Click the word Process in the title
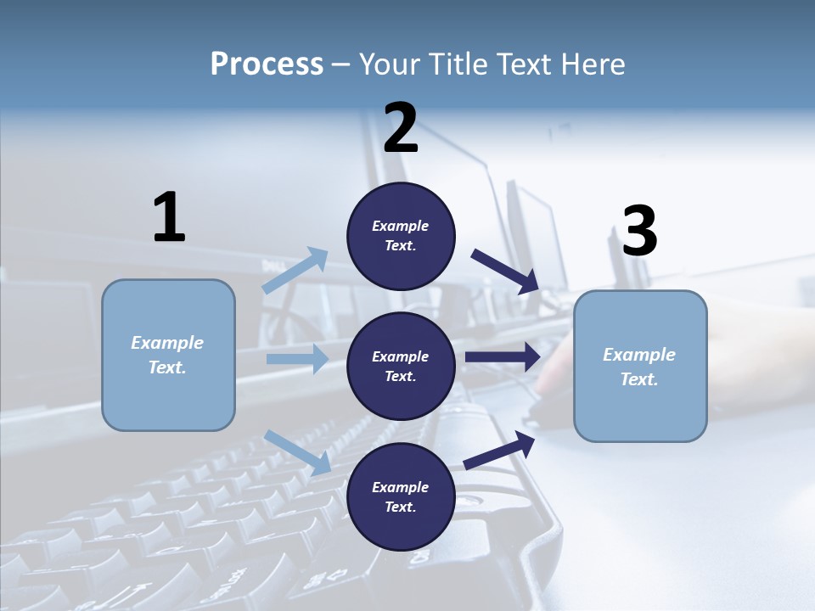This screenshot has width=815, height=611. (267, 64)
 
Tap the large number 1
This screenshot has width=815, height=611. (169, 218)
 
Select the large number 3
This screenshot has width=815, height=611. (639, 231)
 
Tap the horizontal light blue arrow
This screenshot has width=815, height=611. (297, 359)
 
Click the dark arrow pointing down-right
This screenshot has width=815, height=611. (506, 272)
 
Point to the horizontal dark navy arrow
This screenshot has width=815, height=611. (503, 357)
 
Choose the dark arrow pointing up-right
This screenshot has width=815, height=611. (499, 451)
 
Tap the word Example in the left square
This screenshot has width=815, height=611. (167, 343)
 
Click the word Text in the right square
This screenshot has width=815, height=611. (638, 379)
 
